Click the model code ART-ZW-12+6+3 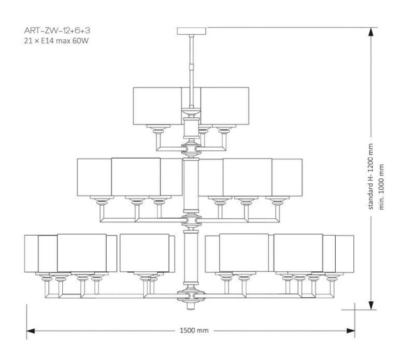(49, 32)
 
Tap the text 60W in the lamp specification (83, 43)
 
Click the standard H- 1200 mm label (371, 178)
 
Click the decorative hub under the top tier (190, 147)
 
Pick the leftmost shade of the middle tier (94, 178)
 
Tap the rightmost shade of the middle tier (287, 178)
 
